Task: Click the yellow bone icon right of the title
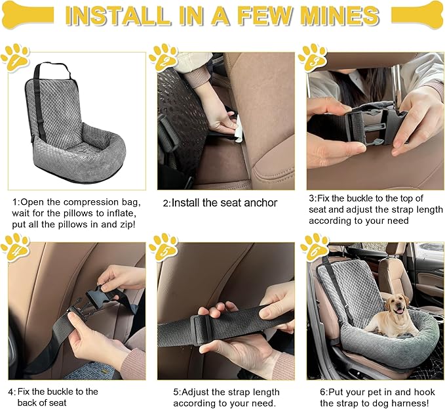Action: pyautogui.click(x=417, y=15)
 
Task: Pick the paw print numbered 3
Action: pyautogui.click(x=312, y=58)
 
